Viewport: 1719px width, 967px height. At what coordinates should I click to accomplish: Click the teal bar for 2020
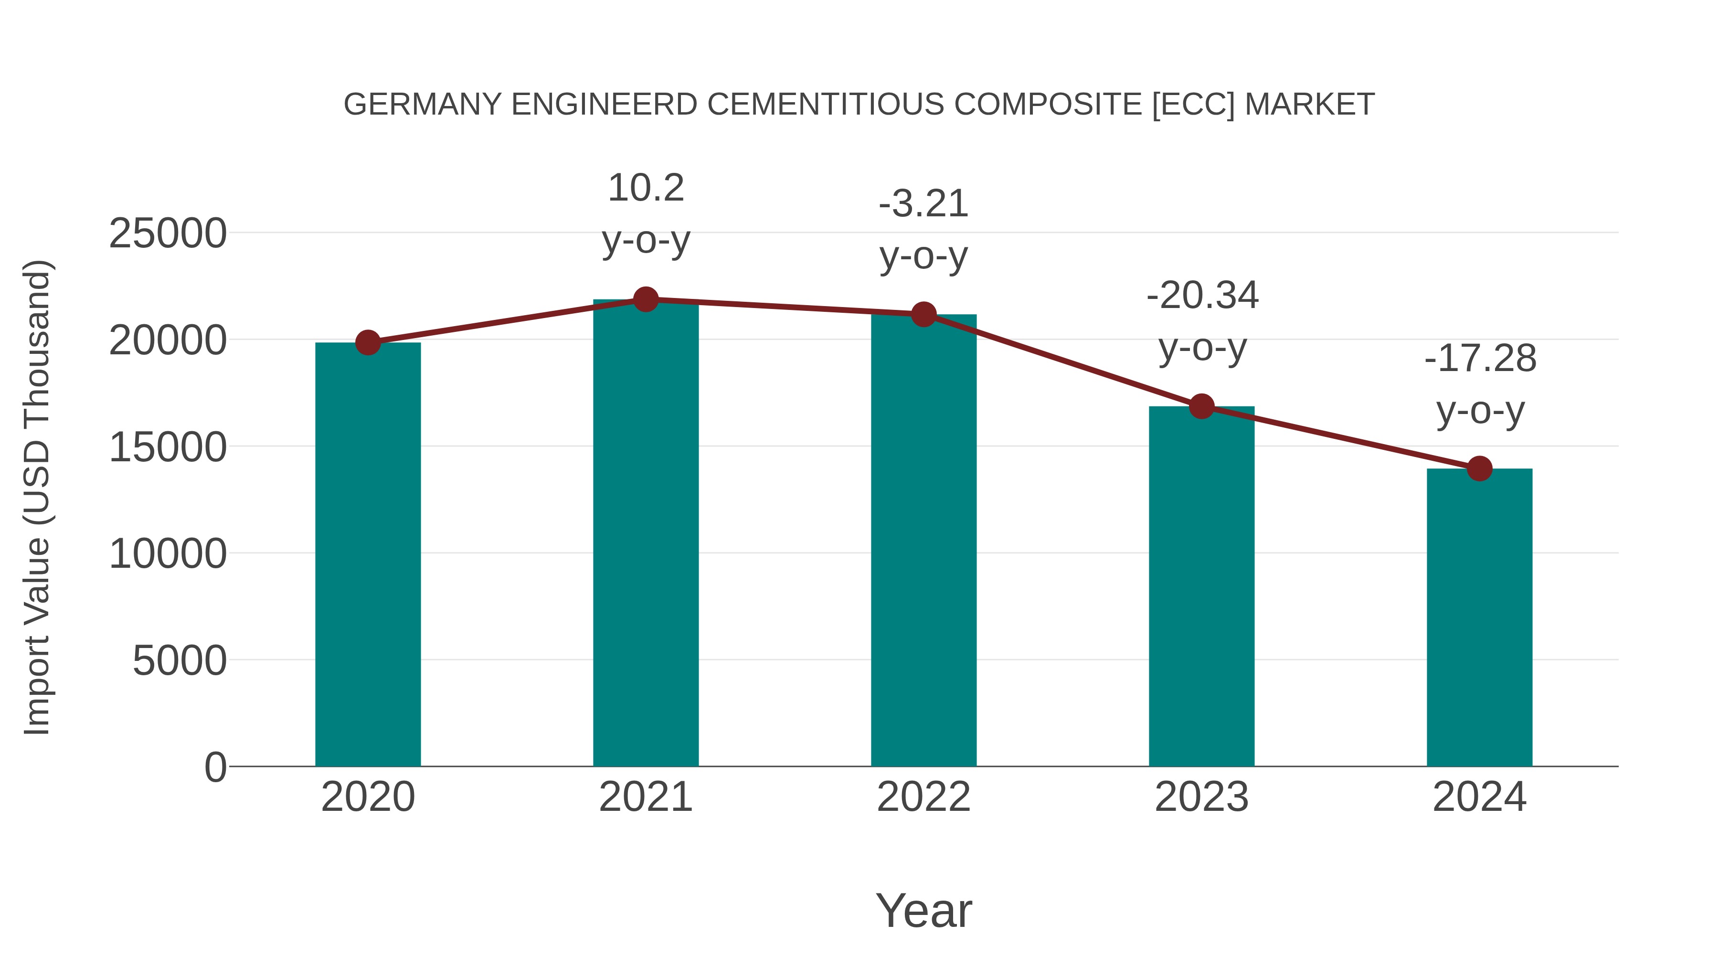(x=368, y=554)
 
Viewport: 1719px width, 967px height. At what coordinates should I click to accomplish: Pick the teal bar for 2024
(x=1479, y=617)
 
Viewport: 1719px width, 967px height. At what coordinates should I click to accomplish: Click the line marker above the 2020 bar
(x=368, y=343)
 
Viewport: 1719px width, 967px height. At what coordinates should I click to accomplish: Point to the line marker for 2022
(x=923, y=314)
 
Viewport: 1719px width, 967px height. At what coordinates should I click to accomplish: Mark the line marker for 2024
(x=1479, y=468)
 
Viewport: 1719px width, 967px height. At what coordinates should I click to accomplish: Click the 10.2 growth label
(x=645, y=188)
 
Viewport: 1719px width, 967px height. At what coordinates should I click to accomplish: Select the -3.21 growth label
(x=923, y=204)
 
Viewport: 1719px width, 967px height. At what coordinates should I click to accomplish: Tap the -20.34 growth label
(x=1202, y=296)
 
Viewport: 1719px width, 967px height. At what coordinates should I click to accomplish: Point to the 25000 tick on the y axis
(x=168, y=234)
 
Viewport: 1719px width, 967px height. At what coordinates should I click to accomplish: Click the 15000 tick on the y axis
(x=168, y=447)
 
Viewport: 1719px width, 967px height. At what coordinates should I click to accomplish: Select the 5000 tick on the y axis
(x=180, y=661)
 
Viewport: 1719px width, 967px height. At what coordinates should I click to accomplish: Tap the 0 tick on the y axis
(x=215, y=767)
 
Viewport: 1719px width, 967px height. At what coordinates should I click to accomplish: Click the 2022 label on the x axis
(x=923, y=797)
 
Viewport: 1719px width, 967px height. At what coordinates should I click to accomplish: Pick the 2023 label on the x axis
(x=1201, y=797)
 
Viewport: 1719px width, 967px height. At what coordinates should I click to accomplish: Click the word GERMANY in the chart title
(x=422, y=105)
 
